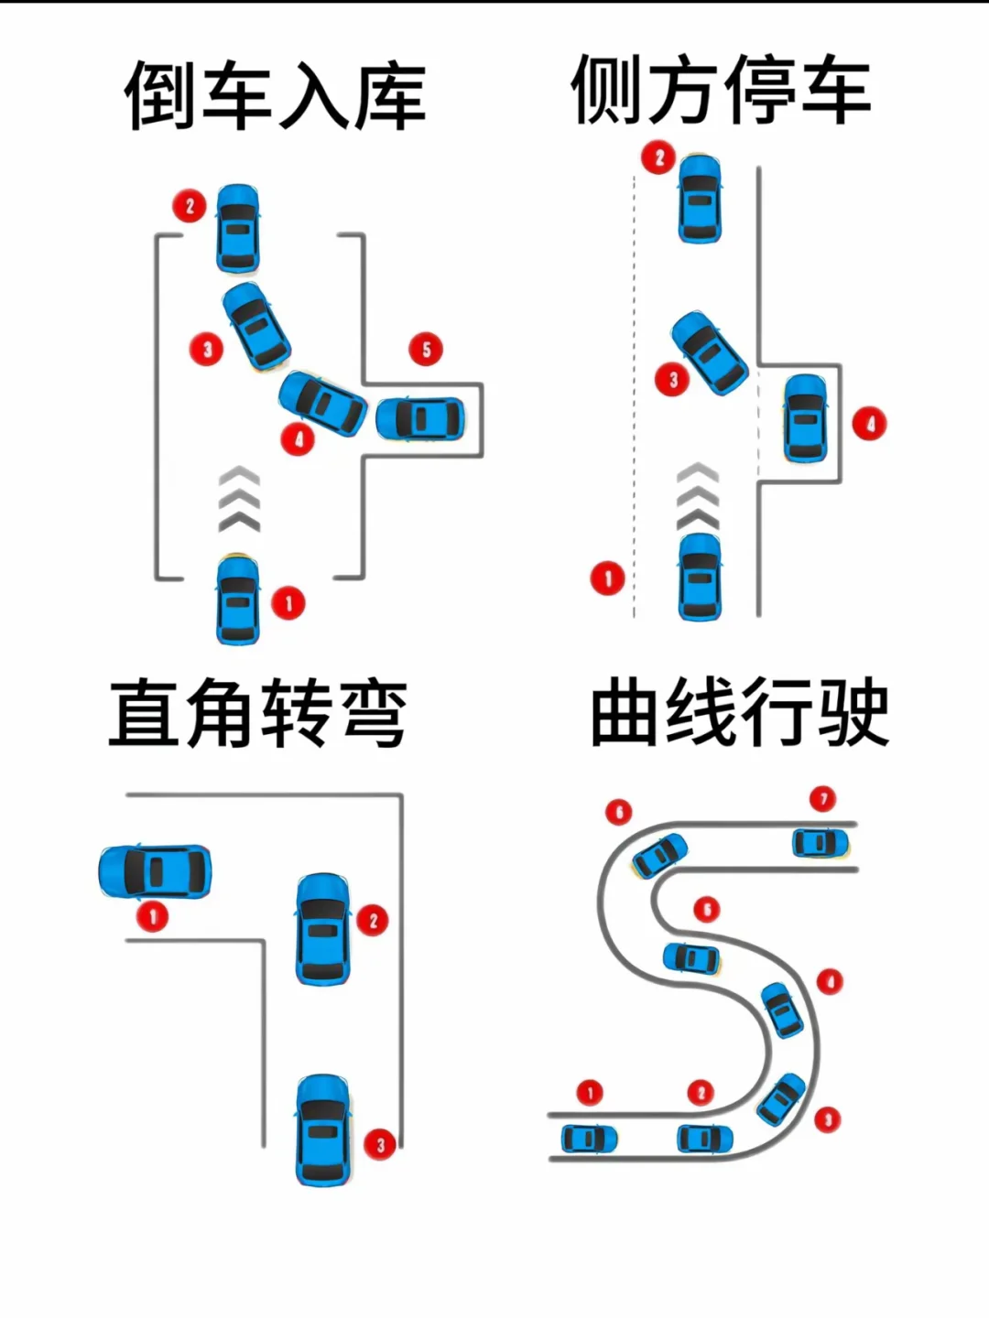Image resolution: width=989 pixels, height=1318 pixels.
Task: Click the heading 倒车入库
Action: point(275,94)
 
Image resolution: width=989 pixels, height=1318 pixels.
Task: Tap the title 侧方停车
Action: point(720,89)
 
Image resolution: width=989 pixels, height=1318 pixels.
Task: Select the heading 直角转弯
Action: point(257,713)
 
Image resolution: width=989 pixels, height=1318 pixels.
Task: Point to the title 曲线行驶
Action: point(739,713)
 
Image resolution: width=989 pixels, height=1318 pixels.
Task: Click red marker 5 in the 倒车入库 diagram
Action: point(426,349)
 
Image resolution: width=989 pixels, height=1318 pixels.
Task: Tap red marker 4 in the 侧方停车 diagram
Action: point(869,423)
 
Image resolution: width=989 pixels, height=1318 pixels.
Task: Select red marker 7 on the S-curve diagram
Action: point(823,798)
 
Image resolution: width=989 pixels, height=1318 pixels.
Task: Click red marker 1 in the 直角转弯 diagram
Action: point(152,915)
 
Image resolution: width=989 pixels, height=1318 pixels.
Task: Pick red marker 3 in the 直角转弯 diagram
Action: point(380,1143)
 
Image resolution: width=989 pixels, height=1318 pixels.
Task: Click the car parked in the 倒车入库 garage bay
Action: point(420,418)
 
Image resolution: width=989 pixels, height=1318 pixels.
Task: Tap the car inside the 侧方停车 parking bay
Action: point(805,417)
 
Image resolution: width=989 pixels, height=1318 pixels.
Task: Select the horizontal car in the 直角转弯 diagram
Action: point(155,871)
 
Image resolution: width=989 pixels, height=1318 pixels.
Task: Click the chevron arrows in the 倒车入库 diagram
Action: point(239,499)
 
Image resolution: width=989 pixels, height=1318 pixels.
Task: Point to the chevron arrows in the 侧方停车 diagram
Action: point(697,496)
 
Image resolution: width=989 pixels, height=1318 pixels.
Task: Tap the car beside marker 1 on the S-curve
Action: point(587,1139)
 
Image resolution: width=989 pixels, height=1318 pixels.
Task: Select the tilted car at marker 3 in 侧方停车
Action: point(709,354)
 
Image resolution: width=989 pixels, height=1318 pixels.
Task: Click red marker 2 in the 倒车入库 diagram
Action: point(190,205)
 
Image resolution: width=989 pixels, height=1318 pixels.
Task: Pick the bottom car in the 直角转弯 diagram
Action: point(323,1129)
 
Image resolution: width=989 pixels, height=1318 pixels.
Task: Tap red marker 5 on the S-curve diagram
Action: point(706,908)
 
